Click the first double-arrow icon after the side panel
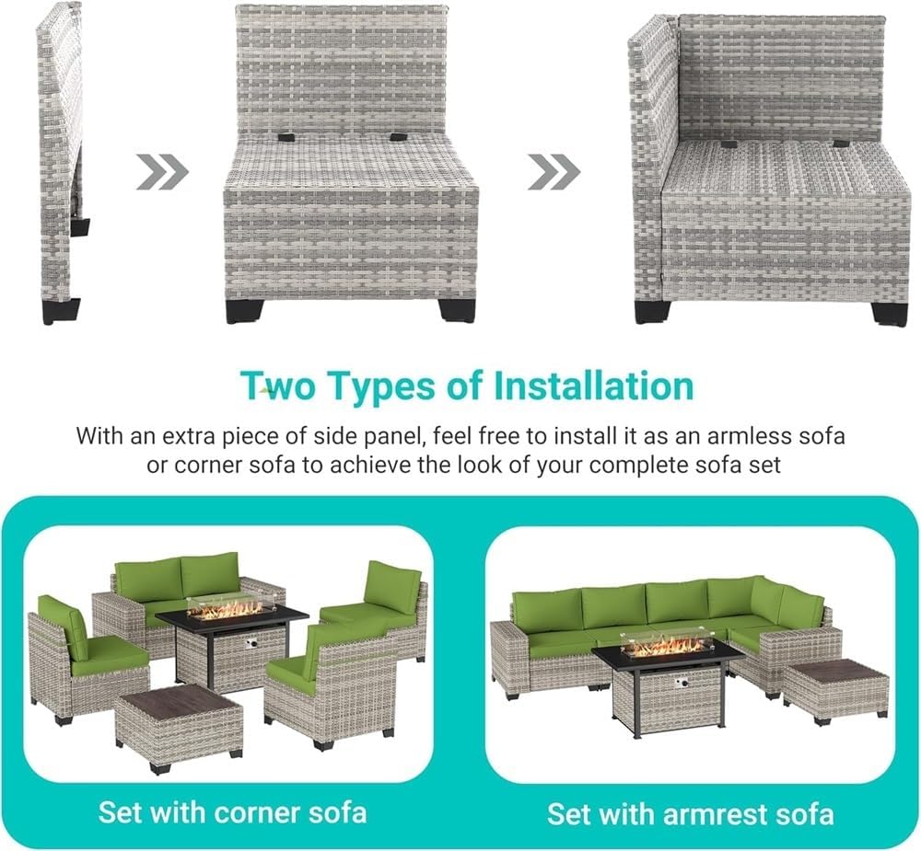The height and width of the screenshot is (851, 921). coord(162,171)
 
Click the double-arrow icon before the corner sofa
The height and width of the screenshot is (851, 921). coord(554,171)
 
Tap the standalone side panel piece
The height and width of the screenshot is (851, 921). coord(60,156)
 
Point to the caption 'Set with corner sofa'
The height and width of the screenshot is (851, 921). coord(232,812)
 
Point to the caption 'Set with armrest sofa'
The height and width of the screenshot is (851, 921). coord(690,813)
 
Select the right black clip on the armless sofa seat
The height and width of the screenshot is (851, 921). coord(398,137)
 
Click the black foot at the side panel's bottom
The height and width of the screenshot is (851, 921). coord(62,310)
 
